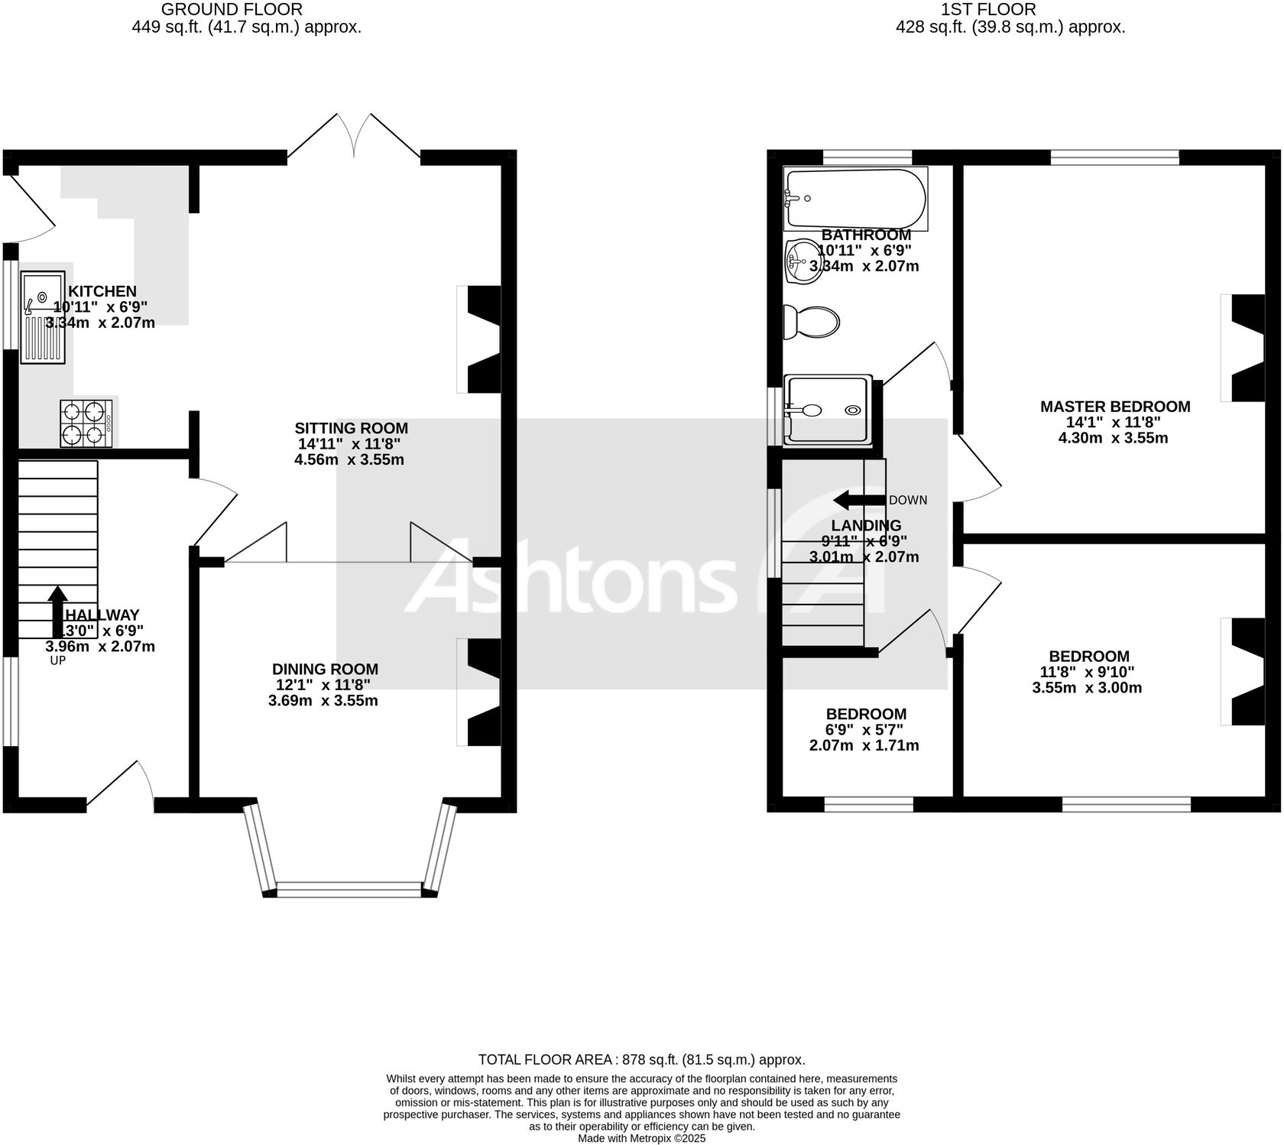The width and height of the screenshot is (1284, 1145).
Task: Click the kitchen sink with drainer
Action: [x=44, y=316]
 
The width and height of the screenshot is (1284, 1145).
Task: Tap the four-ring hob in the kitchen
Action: [x=86, y=423]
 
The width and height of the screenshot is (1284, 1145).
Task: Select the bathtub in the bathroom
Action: [x=855, y=199]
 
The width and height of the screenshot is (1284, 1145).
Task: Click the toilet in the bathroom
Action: [x=812, y=322]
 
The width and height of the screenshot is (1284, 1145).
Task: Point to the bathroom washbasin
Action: [x=804, y=261]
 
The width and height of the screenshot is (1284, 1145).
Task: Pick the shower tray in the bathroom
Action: [x=828, y=410]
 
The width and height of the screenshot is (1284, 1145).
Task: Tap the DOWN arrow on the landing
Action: [x=859, y=501]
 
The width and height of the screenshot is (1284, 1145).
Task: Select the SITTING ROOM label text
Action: [x=352, y=428]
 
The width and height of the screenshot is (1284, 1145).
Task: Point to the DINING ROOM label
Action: [x=325, y=669]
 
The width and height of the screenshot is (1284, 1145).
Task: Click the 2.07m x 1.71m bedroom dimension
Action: [x=864, y=745]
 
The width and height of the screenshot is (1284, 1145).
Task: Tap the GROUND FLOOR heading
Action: [x=232, y=10]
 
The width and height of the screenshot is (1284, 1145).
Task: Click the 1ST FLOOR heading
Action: [x=988, y=10]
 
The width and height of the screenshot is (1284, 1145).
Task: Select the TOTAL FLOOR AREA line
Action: [x=641, y=1059]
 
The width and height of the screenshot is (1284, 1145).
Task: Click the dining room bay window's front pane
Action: [x=349, y=888]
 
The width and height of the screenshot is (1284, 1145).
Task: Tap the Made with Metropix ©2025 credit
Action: [x=641, y=1138]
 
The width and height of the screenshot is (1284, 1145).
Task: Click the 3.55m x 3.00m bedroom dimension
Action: [x=1087, y=688]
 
